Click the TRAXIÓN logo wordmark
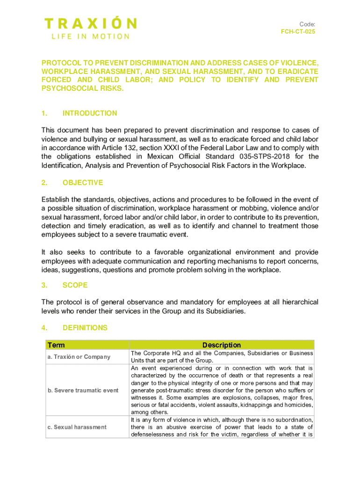[91, 23]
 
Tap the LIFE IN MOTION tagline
[87, 36]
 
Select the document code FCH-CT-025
[295, 32]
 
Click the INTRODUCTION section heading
[90, 113]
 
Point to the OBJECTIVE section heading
[83, 182]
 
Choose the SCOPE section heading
[75, 285]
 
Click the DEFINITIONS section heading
[85, 328]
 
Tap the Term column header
[56, 345]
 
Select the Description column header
[222, 345]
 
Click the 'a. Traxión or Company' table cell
[79, 357]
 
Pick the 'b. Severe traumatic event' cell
[83, 390]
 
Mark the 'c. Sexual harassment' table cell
[77, 427]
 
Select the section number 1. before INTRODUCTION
[44, 113]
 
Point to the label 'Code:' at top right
[307, 24]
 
